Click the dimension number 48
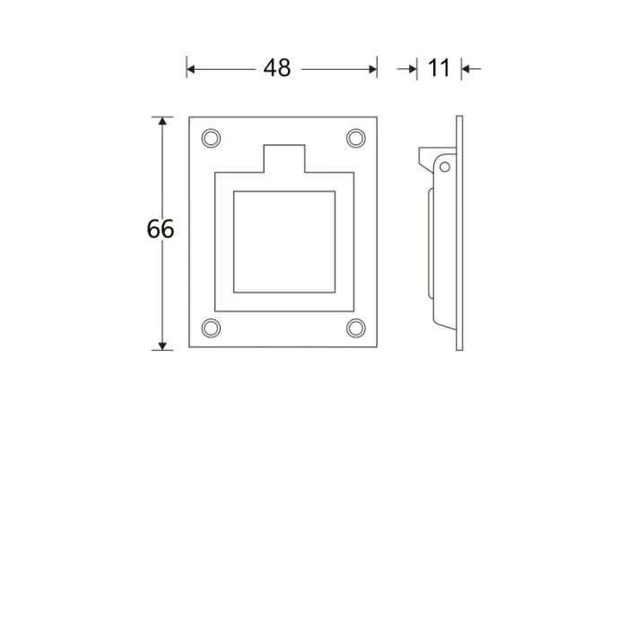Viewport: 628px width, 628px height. click(x=276, y=68)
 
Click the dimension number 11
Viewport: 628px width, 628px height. click(x=439, y=68)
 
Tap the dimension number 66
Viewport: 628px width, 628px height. click(x=161, y=229)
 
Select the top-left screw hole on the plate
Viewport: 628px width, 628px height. click(x=211, y=138)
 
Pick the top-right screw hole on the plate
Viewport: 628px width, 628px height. click(x=355, y=138)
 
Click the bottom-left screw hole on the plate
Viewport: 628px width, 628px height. click(x=211, y=328)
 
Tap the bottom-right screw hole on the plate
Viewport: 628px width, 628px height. click(x=355, y=328)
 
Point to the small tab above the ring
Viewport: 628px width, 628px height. click(x=284, y=159)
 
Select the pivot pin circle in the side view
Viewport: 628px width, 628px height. click(x=445, y=167)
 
